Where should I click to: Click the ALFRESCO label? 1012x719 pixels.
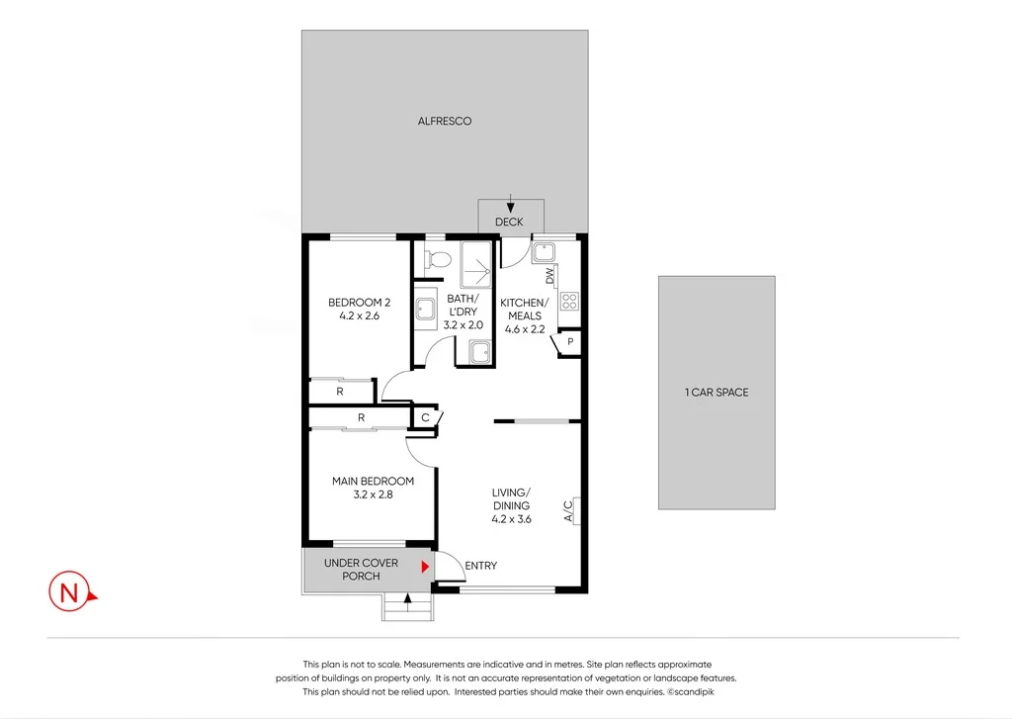[x=444, y=122]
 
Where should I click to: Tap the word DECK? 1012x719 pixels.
[x=509, y=223]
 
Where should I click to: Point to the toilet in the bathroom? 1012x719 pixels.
[x=436, y=260]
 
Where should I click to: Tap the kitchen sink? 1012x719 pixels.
[x=544, y=253]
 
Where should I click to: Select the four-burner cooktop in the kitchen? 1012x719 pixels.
[x=569, y=301]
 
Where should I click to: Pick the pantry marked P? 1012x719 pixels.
[x=570, y=343]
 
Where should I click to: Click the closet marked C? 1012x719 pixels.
[x=424, y=418]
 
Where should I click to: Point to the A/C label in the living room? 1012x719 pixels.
[x=568, y=511]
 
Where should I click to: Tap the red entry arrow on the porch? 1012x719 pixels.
[x=426, y=567]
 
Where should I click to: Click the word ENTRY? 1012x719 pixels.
[x=480, y=566]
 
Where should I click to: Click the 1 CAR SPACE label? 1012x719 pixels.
[x=717, y=393]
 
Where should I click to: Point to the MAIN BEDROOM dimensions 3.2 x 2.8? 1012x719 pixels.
[x=373, y=494]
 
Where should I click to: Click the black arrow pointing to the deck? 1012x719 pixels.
[x=509, y=201]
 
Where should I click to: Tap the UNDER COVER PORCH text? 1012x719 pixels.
[x=361, y=570]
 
